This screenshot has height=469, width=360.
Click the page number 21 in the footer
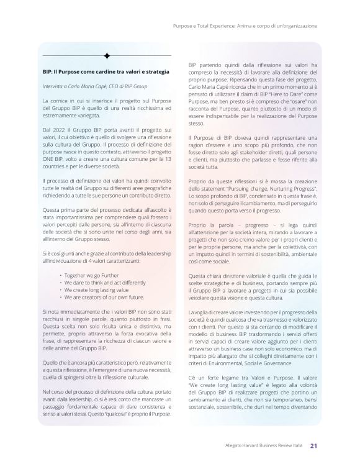tap(314, 444)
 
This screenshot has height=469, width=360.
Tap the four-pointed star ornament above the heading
tap(107, 56)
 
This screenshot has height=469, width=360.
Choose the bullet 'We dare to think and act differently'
tap(97, 281)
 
